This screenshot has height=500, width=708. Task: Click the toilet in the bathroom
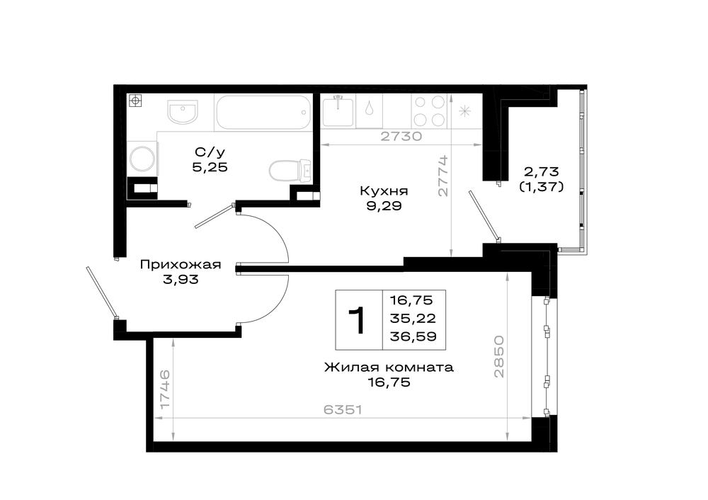[x=290, y=171]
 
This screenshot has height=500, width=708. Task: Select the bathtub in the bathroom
[x=263, y=113]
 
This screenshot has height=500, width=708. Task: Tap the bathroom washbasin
[x=183, y=111]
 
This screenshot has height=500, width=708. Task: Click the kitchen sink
[x=338, y=110]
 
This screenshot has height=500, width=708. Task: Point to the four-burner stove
[x=429, y=110]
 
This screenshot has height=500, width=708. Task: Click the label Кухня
[x=384, y=191]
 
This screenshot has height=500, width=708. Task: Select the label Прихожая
[x=181, y=264]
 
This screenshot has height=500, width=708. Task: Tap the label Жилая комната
[x=389, y=367]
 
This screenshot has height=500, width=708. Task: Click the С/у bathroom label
[x=210, y=152]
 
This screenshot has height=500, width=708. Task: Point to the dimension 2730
[x=401, y=136]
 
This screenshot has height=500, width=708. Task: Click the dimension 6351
[x=343, y=409]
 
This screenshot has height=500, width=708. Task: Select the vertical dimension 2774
[x=443, y=176]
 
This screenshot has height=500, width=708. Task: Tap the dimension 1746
[x=165, y=390]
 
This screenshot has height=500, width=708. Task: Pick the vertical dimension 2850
[x=498, y=356]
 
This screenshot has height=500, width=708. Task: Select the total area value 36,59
[x=413, y=336]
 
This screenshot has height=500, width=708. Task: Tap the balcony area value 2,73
[x=542, y=171]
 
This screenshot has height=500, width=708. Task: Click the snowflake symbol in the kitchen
[x=464, y=111]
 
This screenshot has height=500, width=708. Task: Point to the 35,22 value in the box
[x=413, y=319]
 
